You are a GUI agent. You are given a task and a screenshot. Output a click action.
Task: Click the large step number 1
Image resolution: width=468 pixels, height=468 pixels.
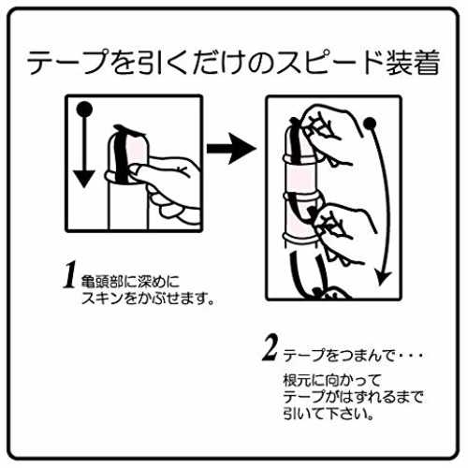tap(70, 274)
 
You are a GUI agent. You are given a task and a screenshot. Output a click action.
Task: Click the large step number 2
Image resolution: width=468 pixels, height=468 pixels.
tap(271, 348)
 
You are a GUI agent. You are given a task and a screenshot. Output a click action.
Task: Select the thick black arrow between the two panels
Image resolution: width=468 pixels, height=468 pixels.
tap(231, 149)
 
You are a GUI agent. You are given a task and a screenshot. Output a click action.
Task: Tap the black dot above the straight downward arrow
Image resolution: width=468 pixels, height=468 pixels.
tap(84, 110)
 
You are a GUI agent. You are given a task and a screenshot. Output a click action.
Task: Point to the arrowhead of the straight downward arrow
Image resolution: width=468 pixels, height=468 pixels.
tap(84, 179)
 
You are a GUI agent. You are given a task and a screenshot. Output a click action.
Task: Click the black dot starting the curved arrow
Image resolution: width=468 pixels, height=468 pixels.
tap(370, 124)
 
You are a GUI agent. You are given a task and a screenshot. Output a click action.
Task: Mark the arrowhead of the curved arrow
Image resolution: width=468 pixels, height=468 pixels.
tap(383, 278)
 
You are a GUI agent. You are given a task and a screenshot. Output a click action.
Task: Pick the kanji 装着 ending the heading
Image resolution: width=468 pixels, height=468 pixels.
tap(413, 62)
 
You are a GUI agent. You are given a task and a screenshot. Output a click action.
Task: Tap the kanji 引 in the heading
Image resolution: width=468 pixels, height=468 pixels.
tap(148, 62)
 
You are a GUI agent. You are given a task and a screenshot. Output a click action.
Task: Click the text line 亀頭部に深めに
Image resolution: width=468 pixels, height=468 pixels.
tap(130, 282)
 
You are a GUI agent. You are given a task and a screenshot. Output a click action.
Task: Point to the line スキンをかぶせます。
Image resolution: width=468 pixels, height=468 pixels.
tap(148, 299)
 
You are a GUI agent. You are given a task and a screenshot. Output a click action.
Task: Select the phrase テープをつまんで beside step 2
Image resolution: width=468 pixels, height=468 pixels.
tap(339, 356)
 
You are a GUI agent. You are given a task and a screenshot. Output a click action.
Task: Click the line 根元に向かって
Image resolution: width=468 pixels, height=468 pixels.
tap(332, 380)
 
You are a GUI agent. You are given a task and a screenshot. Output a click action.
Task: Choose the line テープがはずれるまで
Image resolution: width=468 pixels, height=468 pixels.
tap(353, 397)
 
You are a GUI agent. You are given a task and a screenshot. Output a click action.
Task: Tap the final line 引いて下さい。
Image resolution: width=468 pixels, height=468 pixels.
tap(329, 414)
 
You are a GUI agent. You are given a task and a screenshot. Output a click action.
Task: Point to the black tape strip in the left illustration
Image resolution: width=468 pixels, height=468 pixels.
tap(121, 156)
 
